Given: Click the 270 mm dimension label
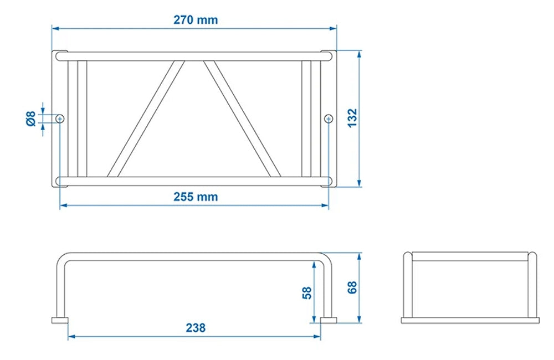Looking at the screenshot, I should click(x=196, y=20).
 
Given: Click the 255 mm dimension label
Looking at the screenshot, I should click(x=196, y=197).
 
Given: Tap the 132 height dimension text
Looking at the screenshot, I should click(x=353, y=118).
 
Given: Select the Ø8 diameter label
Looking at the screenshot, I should click(x=31, y=118).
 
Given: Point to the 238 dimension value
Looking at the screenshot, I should click(x=196, y=328).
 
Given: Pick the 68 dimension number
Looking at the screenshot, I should click(x=353, y=287).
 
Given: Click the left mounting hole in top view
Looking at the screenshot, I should click(x=60, y=118).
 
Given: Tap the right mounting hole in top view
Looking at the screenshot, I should click(x=329, y=118).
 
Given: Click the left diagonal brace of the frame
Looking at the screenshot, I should click(x=146, y=118).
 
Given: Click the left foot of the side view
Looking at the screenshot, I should click(x=60, y=320).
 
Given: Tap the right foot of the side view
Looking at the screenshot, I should click(x=328, y=320).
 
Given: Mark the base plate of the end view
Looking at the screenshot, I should click(x=470, y=320).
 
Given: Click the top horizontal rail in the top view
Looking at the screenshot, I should click(x=194, y=56).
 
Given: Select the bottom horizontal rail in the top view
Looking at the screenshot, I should click(x=194, y=181).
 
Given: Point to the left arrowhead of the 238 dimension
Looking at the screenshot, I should click(x=71, y=336).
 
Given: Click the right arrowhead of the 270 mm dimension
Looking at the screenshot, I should click(x=334, y=28).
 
